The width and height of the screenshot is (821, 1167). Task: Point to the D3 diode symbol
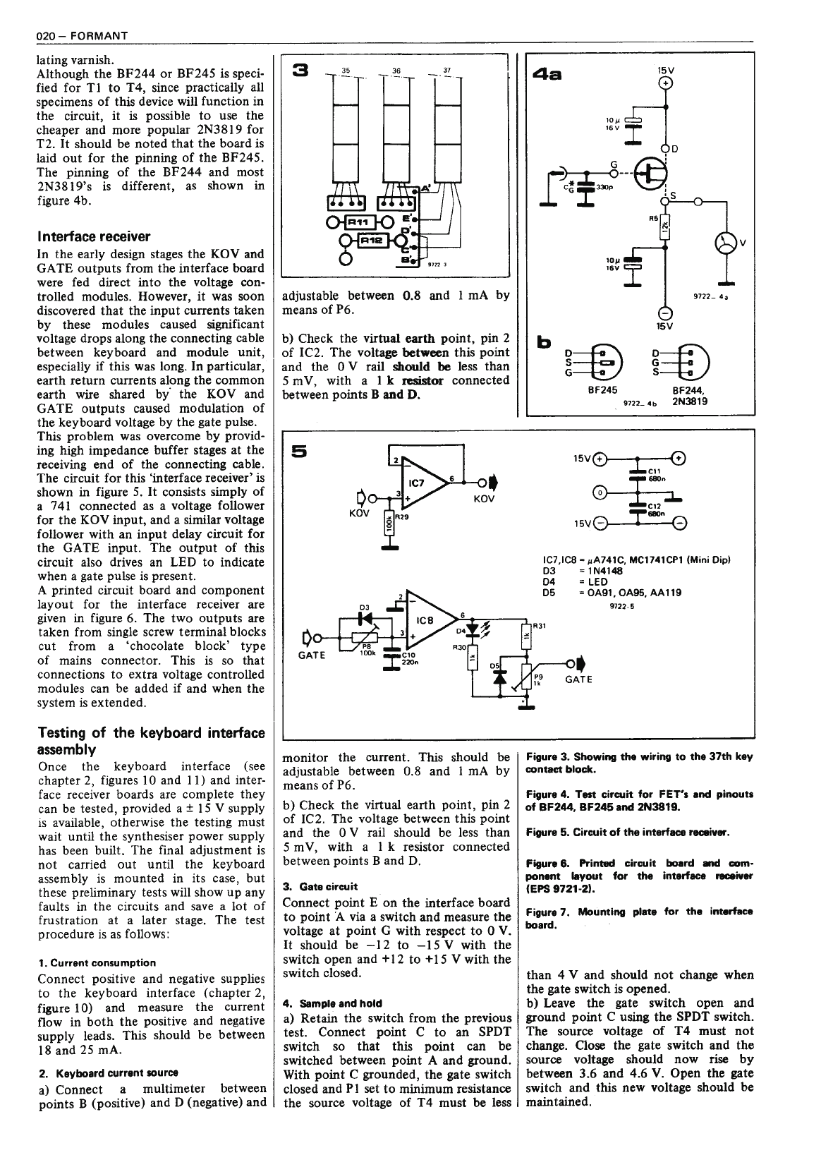(x=365, y=616)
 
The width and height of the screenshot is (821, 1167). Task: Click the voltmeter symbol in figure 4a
(x=725, y=243)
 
